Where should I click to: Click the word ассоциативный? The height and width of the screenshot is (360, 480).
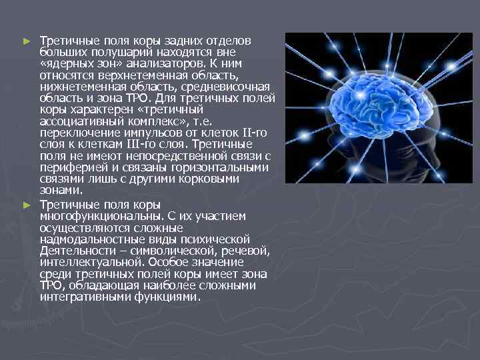click(78, 121)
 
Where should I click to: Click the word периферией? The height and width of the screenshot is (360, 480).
click(72, 167)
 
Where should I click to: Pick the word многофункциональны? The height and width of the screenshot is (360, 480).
click(99, 216)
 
